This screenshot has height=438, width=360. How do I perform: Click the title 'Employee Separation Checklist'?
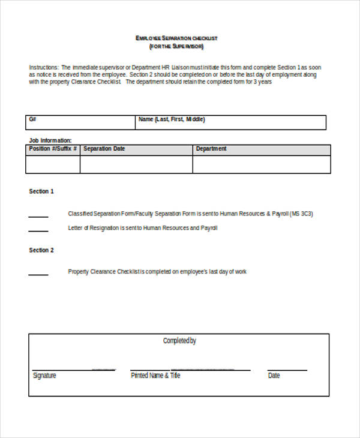tap(176, 38)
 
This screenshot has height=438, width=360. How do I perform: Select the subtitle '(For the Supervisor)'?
tap(176, 46)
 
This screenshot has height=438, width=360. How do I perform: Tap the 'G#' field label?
tap(32, 119)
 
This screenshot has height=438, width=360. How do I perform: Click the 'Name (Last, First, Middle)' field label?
tap(172, 119)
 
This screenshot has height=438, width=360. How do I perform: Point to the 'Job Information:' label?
tap(50, 140)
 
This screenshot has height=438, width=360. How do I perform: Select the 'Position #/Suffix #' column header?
tap(53, 149)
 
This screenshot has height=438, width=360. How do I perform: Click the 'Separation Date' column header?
tap(104, 149)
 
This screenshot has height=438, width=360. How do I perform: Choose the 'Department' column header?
tap(211, 149)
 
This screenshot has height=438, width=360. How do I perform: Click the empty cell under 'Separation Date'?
tap(136, 164)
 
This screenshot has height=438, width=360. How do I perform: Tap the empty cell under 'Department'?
tap(261, 164)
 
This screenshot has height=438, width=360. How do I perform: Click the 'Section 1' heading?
tap(41, 191)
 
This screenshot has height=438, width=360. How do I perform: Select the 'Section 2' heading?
tap(41, 250)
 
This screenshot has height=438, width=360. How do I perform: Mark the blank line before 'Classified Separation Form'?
tap(38, 215)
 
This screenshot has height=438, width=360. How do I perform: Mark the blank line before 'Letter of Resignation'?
tap(38, 230)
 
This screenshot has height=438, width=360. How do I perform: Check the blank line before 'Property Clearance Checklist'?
tap(38, 274)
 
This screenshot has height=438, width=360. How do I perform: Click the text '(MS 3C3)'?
tap(301, 214)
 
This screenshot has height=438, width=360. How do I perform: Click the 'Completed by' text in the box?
tap(179, 341)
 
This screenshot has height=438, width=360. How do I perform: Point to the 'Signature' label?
tap(44, 376)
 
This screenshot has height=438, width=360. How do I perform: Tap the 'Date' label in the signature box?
tap(274, 376)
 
